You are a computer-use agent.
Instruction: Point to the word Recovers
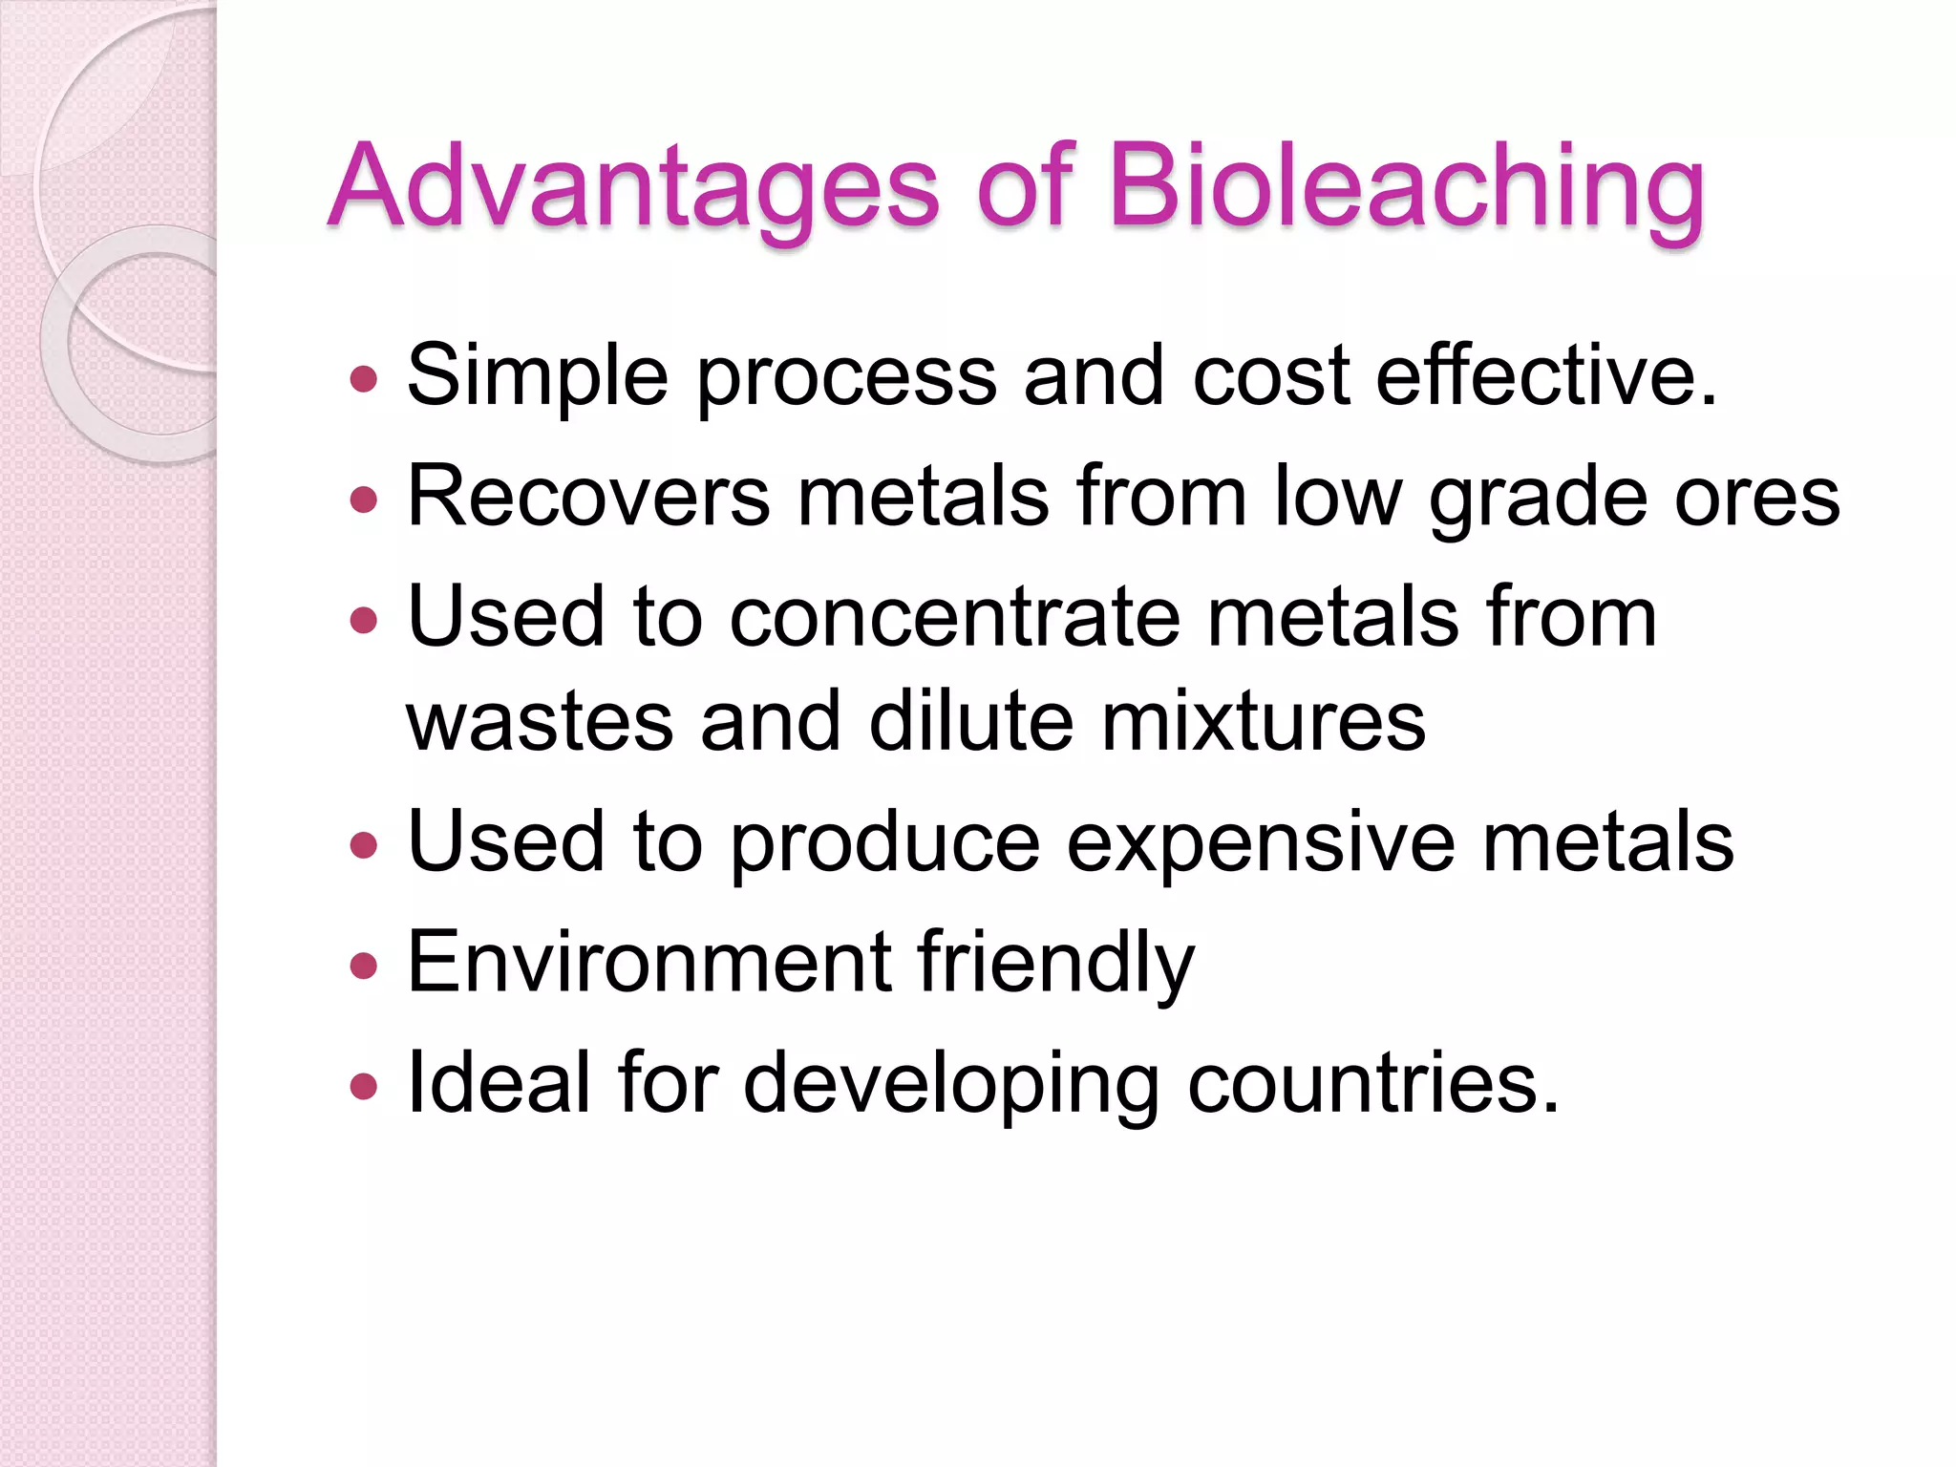[588, 497]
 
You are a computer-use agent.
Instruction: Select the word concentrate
[955, 617]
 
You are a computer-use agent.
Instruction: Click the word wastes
[540, 722]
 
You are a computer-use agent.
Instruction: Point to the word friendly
[1056, 963]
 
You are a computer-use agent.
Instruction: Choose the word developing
[951, 1085]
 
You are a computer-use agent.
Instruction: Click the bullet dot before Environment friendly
[364, 966]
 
